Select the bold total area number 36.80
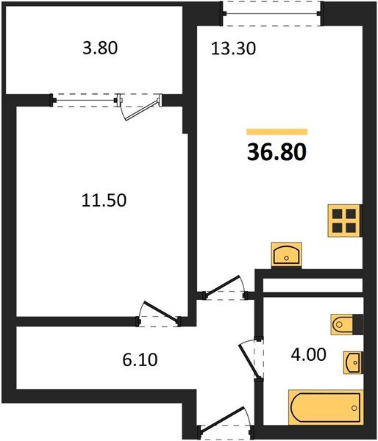[x=277, y=151]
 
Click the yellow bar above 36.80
[x=277, y=132]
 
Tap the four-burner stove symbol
[x=343, y=219]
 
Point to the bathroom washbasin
[x=352, y=362]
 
